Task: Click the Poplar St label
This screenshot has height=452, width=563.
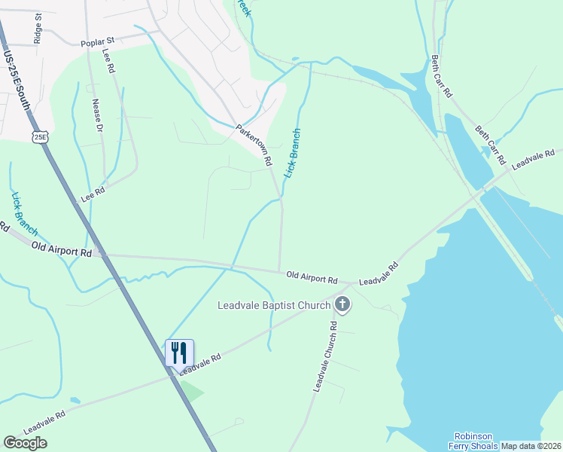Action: pos(100,39)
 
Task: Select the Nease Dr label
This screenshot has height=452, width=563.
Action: pos(97,115)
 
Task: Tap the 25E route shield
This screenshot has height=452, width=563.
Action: pos(41,137)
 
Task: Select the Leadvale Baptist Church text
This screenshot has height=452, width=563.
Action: pos(274,305)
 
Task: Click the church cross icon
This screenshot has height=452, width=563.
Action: pos(342,305)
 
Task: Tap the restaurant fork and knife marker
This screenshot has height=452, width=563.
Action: pos(179,352)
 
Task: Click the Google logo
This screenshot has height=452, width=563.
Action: pos(25,443)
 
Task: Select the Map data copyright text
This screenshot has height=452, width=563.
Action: pos(531,446)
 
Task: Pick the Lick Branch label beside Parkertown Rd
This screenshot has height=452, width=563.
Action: pos(292,153)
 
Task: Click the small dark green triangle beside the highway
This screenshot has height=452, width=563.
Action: pos(192,391)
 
